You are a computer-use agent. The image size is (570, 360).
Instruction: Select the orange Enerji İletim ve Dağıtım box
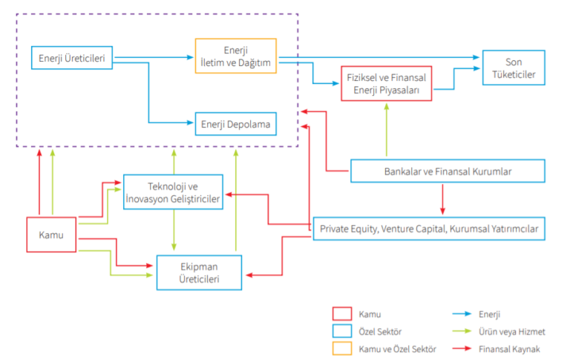(235, 57)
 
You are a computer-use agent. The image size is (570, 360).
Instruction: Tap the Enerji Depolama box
(236, 124)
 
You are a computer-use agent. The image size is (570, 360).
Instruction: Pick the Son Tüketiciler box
(514, 68)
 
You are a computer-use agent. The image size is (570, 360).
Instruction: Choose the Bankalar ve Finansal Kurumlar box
(448, 171)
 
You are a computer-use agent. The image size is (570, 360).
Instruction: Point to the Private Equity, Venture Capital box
(430, 229)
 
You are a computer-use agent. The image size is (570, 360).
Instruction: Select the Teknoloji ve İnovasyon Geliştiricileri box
(174, 192)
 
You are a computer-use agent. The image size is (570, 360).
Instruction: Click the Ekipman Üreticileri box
(199, 272)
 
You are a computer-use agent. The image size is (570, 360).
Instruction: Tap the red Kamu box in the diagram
(51, 235)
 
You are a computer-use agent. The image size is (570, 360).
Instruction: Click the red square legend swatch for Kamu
(343, 314)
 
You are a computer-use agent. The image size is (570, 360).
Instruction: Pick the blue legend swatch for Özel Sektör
(343, 331)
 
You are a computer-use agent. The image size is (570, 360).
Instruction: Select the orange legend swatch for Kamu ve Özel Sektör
(343, 348)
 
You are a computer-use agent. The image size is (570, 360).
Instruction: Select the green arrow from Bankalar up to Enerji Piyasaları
(386, 130)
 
